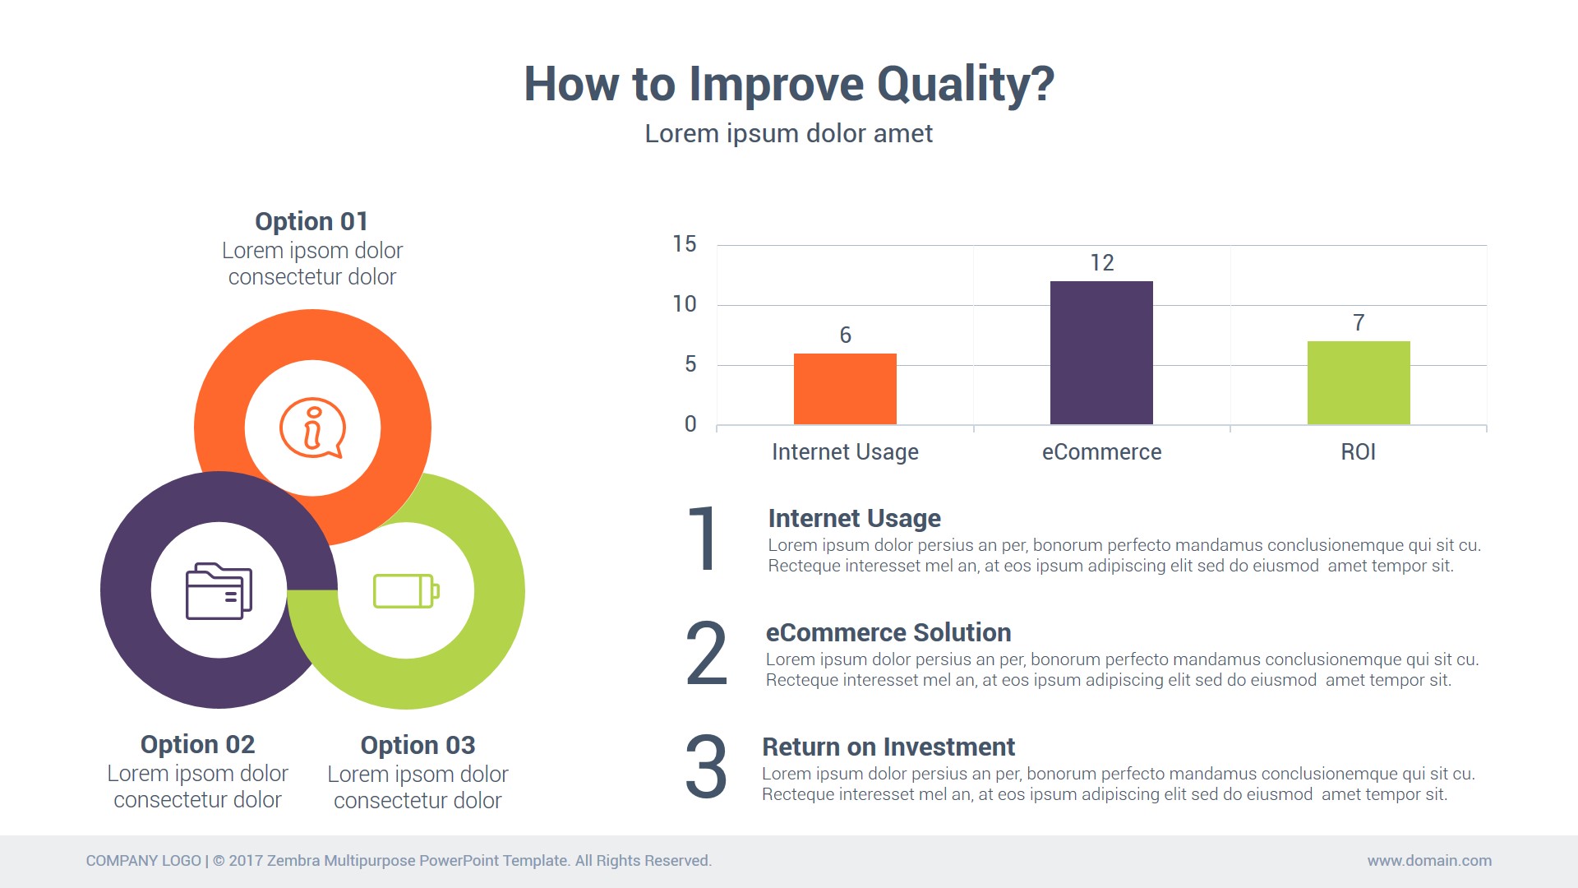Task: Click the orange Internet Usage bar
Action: coord(845,389)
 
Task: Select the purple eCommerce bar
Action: coord(1101,353)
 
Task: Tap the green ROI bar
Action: coord(1359,382)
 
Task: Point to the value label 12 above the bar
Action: coord(1102,263)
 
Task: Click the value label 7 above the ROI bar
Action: coord(1359,323)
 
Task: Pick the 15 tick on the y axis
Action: coord(684,244)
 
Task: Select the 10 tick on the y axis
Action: coord(684,304)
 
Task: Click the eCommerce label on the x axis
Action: coord(1101,452)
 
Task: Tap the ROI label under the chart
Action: coord(1358,452)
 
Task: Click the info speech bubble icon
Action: coord(312,428)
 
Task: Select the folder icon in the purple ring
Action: coord(219,590)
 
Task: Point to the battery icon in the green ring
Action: coord(406,590)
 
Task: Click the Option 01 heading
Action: coord(311,221)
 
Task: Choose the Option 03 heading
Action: coord(418,745)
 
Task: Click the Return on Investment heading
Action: coord(888,747)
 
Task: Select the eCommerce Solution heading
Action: coord(888,632)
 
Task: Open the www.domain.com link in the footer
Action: coord(1429,861)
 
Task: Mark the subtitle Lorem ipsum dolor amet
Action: coord(789,133)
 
